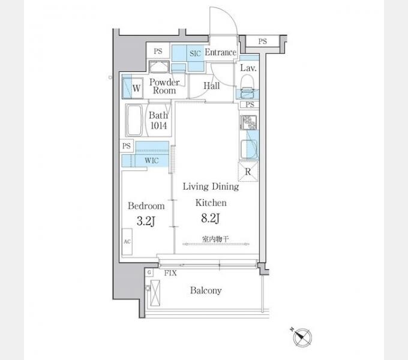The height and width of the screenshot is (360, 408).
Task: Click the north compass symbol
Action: coord(302,337)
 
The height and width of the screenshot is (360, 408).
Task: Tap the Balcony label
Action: coord(206,290)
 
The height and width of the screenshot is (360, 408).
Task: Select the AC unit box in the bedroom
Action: coord(127,242)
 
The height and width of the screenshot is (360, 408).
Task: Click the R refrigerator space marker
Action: coord(248,172)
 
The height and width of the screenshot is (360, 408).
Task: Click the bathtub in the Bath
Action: coord(134,120)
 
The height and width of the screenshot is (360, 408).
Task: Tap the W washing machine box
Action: coord(133,88)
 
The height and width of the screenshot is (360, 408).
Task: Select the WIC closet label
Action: coord(152,160)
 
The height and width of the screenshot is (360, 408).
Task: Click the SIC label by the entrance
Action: coord(195,53)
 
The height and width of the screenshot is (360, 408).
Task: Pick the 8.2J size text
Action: coord(210,218)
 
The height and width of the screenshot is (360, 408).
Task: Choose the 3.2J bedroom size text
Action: coord(146,221)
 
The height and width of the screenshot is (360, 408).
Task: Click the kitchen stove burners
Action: coord(248,122)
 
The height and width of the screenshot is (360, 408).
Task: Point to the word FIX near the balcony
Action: coord(170,273)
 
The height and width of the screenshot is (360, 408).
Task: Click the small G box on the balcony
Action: coord(149,272)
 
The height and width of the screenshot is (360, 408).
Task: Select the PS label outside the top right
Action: coord(263,41)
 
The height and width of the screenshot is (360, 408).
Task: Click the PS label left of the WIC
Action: coord(127,146)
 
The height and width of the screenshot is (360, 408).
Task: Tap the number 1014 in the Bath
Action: coord(159,126)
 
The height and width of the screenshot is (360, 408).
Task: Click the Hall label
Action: coord(212,86)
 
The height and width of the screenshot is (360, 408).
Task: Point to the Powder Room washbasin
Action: coord(159,67)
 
